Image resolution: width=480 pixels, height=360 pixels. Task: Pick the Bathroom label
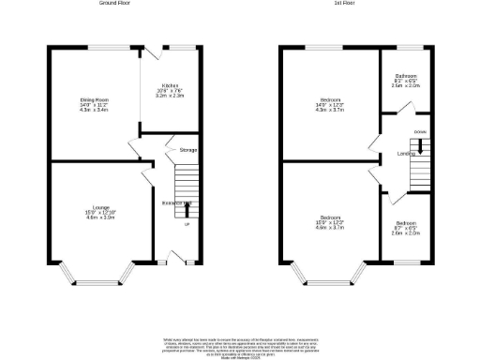tap(406, 76)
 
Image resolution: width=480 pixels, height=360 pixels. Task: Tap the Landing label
tap(406, 153)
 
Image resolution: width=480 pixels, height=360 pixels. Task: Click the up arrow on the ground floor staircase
tap(186, 208)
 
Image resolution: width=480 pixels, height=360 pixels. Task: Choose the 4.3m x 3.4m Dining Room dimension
tap(95, 109)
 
